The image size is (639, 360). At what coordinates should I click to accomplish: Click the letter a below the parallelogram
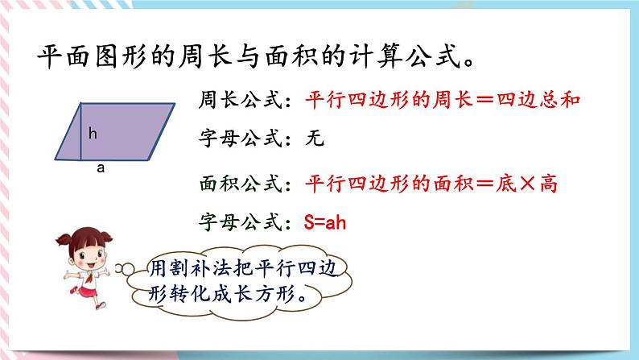(100, 169)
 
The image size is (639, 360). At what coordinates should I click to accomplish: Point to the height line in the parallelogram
(80, 130)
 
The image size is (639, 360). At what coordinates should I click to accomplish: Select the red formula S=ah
(325, 222)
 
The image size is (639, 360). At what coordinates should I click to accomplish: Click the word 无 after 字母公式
(315, 139)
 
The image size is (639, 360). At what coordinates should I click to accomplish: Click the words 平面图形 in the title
(88, 57)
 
